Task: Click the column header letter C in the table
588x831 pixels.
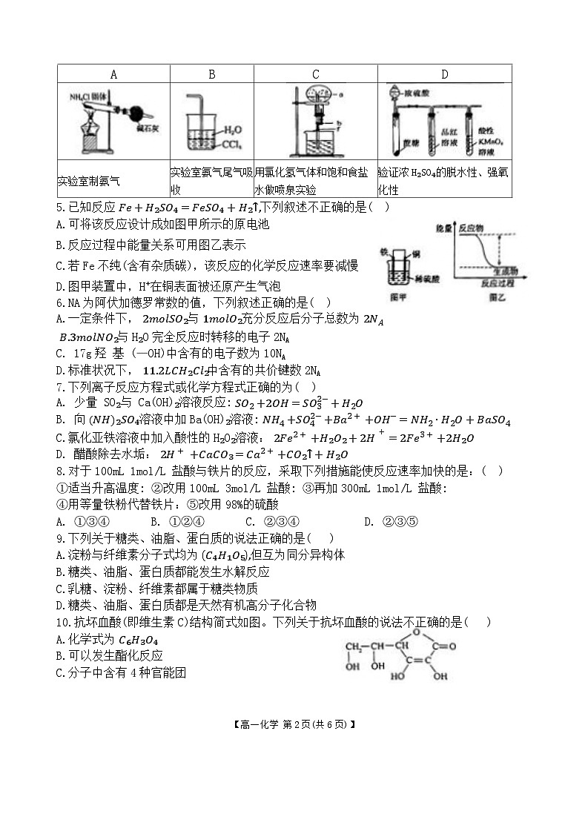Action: click(x=315, y=74)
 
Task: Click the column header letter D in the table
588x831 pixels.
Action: click(x=444, y=74)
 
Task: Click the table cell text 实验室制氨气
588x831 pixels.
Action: click(x=88, y=180)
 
